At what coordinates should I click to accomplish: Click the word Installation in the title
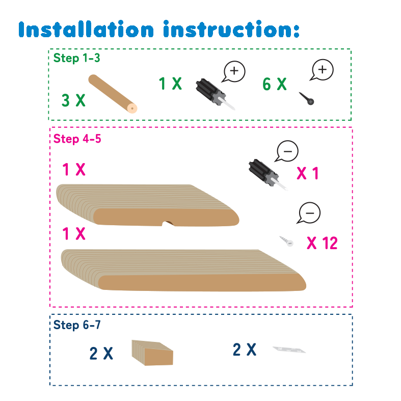(x=86, y=29)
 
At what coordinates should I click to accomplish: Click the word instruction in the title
(x=231, y=29)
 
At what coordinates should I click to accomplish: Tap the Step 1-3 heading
(x=76, y=58)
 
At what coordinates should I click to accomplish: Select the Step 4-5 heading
(x=77, y=139)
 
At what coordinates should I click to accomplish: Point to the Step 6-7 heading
(x=77, y=325)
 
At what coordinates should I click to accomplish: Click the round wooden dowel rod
(x=113, y=94)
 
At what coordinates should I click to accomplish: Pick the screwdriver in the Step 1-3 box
(x=215, y=94)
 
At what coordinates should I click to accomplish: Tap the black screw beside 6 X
(x=307, y=98)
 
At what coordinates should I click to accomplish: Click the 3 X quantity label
(x=73, y=100)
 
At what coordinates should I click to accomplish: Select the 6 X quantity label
(x=275, y=84)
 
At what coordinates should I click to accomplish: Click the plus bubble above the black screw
(x=322, y=70)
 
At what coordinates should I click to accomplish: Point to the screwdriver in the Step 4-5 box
(x=268, y=174)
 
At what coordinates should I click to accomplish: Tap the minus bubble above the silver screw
(x=309, y=213)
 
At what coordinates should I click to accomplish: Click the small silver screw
(x=286, y=241)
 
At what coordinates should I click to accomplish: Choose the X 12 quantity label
(x=322, y=243)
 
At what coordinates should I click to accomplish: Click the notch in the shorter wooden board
(x=168, y=224)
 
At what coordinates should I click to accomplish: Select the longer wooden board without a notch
(x=183, y=270)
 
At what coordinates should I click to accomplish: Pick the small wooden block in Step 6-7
(x=152, y=353)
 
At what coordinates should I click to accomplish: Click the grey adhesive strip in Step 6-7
(x=289, y=350)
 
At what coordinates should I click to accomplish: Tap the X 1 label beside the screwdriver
(x=307, y=173)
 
